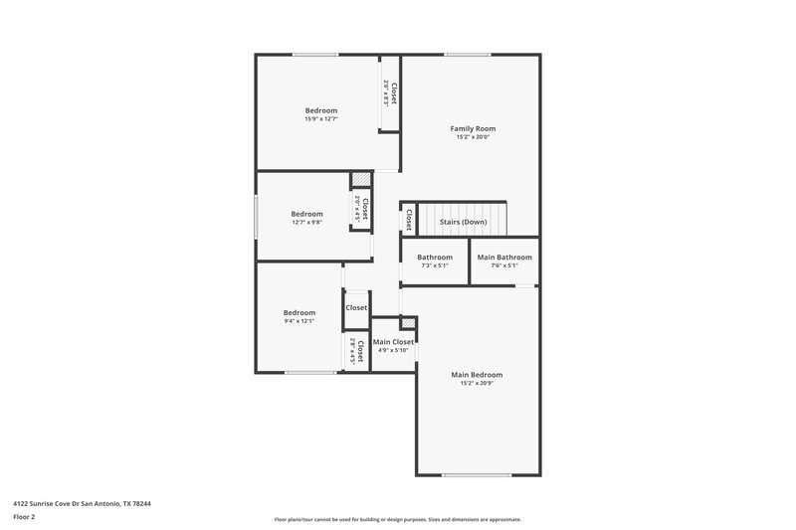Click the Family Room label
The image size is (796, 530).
(473, 128)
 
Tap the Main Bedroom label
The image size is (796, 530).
(477, 375)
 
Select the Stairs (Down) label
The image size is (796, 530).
(463, 222)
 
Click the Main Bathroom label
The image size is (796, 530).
(504, 258)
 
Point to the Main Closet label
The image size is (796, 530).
(393, 341)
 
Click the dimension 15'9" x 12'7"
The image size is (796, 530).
(320, 119)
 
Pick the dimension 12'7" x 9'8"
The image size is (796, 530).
(306, 223)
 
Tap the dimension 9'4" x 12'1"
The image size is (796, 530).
(298, 321)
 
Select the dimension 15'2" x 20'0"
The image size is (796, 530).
(473, 137)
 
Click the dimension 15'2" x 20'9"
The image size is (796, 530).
(477, 384)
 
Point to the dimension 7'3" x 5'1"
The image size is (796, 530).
(435, 265)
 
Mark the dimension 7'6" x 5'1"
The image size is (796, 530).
(504, 265)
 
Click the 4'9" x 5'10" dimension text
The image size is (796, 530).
(393, 350)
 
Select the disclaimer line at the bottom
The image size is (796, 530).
(397, 519)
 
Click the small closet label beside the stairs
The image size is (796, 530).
(408, 219)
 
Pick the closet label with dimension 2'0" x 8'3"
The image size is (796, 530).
(394, 94)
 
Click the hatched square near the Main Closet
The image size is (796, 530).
(408, 324)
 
